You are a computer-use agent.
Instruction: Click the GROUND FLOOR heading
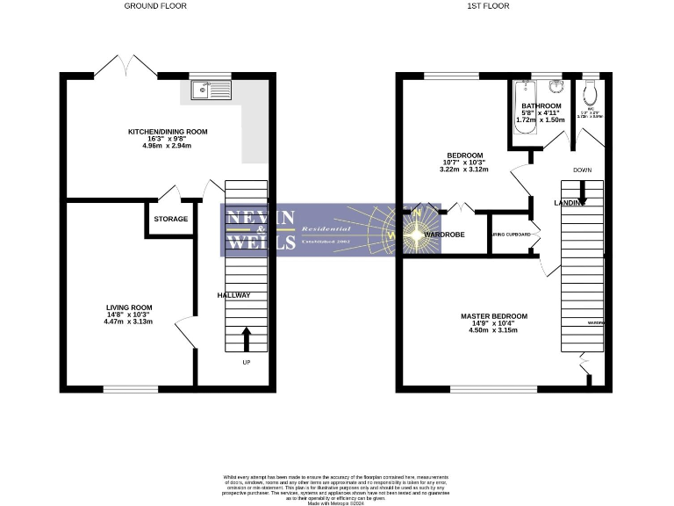point(154,6)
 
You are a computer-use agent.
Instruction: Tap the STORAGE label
point(171,219)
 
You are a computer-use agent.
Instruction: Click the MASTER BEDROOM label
point(494,315)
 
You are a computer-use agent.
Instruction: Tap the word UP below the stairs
point(246,362)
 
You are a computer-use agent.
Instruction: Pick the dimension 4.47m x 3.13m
point(128,322)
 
